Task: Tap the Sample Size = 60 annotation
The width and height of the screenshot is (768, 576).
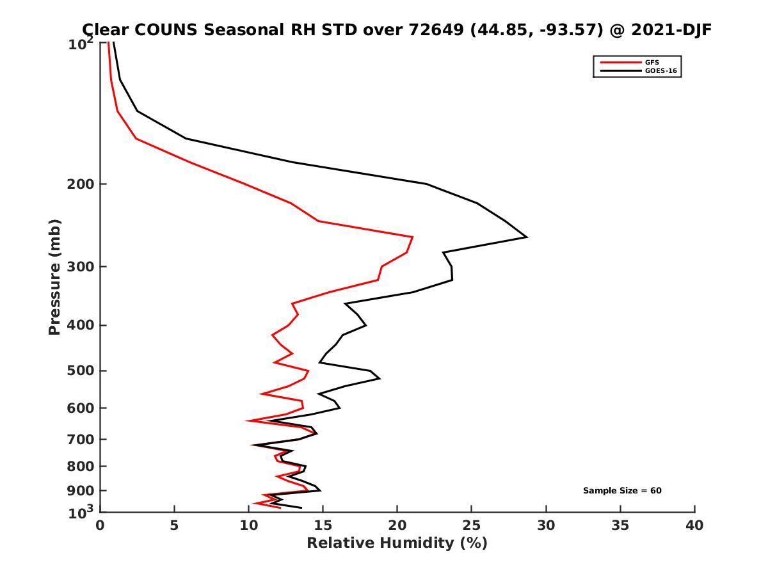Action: click(x=621, y=490)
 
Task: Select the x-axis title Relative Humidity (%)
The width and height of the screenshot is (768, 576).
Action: click(x=397, y=543)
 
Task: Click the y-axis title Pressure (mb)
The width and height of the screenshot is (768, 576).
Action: click(x=54, y=277)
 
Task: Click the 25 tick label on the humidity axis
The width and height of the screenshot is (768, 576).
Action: click(x=471, y=525)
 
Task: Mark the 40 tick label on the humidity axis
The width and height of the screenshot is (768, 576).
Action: click(x=694, y=525)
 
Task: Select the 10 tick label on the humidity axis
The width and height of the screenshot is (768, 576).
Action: click(x=248, y=525)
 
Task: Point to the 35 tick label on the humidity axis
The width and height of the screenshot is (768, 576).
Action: click(x=620, y=525)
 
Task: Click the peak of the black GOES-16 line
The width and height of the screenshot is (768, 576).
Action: click(x=527, y=237)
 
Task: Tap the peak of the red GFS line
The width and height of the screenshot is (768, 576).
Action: click(x=413, y=237)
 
